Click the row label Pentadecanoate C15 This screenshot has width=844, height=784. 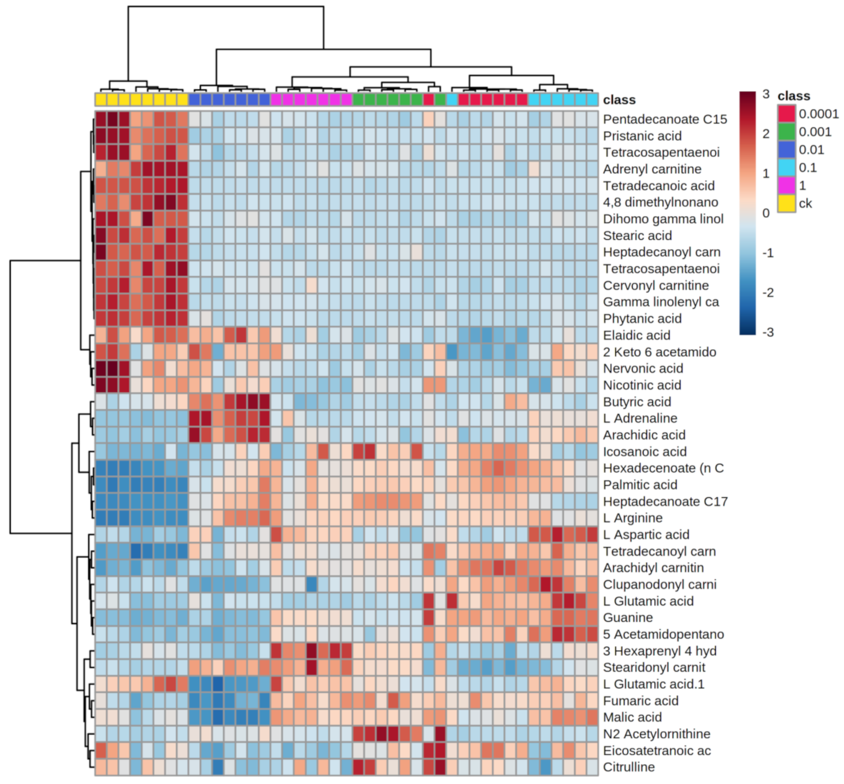(664, 119)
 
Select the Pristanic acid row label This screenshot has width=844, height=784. (642, 136)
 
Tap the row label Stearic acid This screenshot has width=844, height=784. (637, 235)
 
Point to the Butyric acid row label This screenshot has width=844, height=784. (637, 402)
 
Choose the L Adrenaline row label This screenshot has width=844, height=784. (640, 418)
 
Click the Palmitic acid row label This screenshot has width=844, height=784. (640, 485)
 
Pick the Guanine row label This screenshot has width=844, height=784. (628, 618)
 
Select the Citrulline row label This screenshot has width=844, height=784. (628, 767)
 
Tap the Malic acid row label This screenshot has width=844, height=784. (632, 717)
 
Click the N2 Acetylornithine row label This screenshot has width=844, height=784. (656, 734)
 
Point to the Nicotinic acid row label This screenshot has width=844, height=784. (642, 385)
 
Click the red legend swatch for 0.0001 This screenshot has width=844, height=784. (786, 114)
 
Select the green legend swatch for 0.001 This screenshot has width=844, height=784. (786, 132)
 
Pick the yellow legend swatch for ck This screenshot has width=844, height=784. (786, 203)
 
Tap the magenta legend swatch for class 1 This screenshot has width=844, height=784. (786, 185)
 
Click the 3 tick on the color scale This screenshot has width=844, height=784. (765, 95)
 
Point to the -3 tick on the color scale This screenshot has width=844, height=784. (767, 332)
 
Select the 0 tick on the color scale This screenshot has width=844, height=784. (765, 213)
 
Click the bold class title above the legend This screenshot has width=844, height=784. (794, 96)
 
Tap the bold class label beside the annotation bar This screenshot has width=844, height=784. (619, 100)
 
